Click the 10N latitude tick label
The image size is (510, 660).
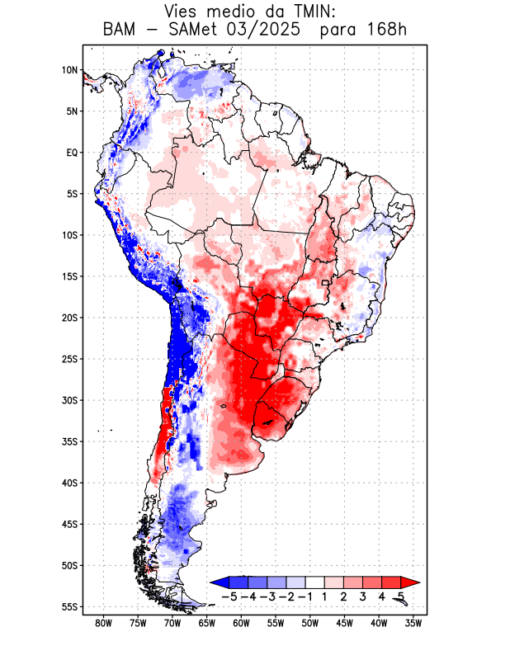70,70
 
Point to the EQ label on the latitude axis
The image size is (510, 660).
72,153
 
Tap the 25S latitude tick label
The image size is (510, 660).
69,359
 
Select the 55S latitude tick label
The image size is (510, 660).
69,606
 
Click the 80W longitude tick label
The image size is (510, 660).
103,624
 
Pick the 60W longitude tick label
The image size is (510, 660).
241,624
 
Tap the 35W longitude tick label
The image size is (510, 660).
413,624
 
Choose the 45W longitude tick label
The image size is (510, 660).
345,624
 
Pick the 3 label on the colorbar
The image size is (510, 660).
363,596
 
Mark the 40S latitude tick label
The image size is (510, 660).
69,483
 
